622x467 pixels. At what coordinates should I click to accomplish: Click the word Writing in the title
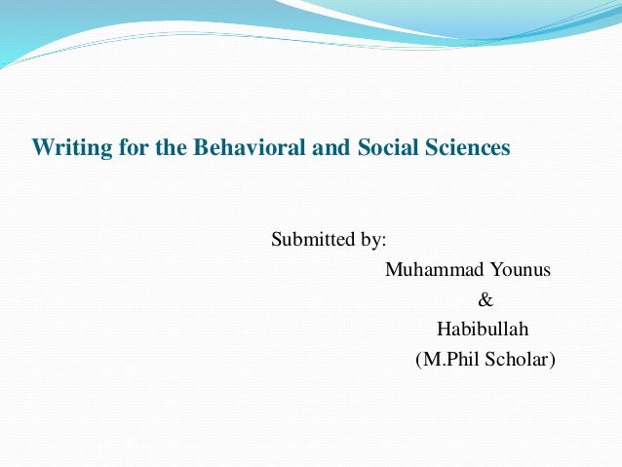coord(63,149)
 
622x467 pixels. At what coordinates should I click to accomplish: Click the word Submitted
coord(312,238)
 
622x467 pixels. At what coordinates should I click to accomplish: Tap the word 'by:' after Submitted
coord(372,238)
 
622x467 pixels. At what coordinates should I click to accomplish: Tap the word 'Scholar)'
coord(519,360)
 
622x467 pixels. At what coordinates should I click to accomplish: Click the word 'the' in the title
coord(152,149)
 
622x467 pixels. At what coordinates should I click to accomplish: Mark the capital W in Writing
coord(41,149)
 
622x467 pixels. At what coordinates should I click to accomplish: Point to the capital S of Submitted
coord(276,238)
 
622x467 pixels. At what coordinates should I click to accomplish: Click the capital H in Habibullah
coord(443,330)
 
